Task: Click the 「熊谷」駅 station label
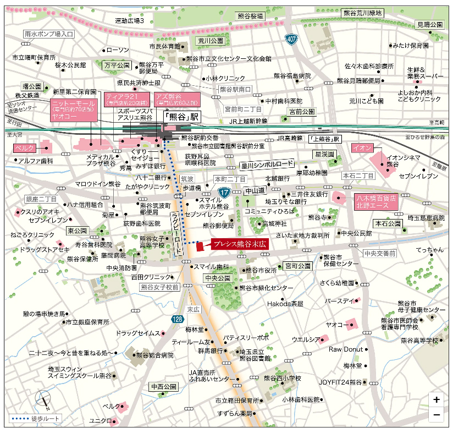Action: click(183, 118)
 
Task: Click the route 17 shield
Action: click(224, 192)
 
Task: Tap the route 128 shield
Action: click(176, 319)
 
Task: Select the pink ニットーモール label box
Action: click(74, 110)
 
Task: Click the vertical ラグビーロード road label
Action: click(176, 233)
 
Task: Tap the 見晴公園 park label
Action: click(429, 25)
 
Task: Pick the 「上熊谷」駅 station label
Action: click(324, 139)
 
